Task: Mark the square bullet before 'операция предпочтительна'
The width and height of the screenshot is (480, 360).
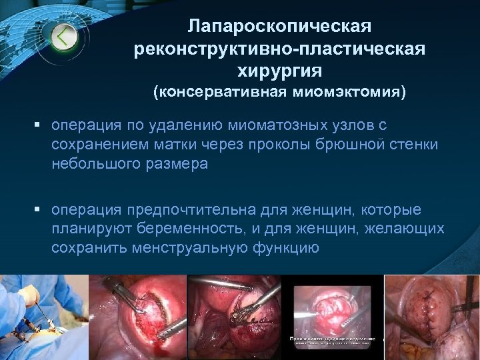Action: coord(41,210)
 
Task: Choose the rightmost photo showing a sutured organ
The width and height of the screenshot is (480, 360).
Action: coord(433,317)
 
